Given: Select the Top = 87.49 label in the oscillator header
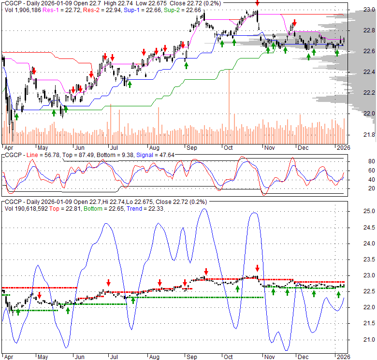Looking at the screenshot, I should coord(86,155).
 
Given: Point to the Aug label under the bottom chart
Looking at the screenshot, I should coord(154,357).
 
